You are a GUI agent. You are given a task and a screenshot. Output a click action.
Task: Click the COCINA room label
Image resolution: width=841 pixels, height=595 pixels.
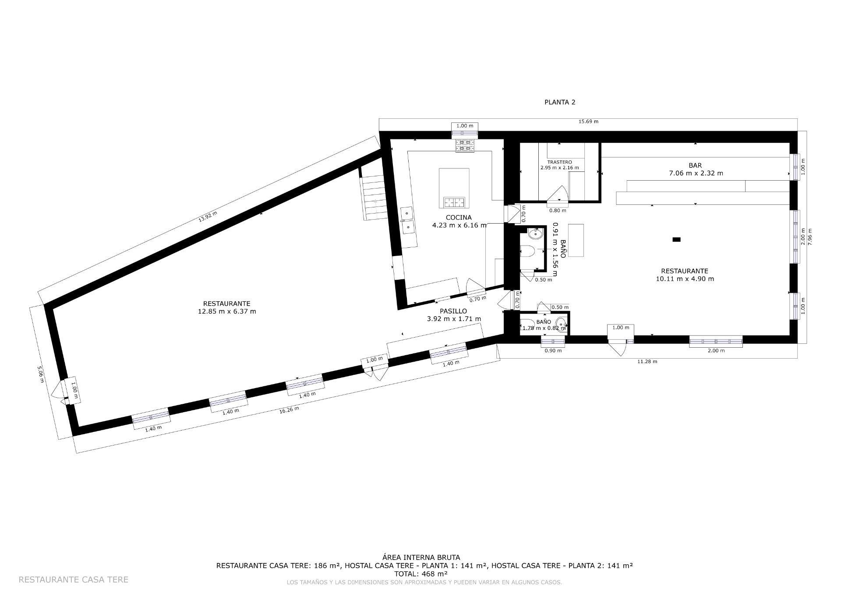[x=459, y=217]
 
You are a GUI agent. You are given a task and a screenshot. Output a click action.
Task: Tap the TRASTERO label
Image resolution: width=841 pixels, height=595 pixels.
[x=559, y=162]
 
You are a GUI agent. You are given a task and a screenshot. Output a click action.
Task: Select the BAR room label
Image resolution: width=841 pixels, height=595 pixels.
[x=695, y=165]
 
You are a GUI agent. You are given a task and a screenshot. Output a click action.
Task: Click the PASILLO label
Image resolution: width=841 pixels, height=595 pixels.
[x=453, y=311]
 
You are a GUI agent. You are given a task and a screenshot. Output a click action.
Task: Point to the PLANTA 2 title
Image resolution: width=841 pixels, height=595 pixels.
[x=559, y=102]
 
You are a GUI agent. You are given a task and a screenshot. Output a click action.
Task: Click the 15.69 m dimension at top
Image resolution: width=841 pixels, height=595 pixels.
[x=588, y=121]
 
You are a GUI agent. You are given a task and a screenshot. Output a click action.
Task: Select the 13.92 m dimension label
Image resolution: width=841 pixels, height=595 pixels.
[x=208, y=217]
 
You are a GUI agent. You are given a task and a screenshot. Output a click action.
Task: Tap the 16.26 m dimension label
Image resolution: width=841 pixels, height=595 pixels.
[x=289, y=410]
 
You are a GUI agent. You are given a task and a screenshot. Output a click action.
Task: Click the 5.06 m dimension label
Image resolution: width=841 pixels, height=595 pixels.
[x=40, y=374]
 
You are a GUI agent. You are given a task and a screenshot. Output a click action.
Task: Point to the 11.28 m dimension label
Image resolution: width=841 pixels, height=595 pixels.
[x=647, y=361]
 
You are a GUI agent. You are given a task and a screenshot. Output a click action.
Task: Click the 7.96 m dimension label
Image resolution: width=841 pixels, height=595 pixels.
[x=810, y=237]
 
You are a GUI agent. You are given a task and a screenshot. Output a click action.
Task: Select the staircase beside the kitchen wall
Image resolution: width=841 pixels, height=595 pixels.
[x=375, y=197]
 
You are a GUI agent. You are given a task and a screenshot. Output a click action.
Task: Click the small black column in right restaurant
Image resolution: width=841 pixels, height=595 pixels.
[x=676, y=239]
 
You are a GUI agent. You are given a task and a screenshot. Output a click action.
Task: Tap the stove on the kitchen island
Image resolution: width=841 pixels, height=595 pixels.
[x=454, y=202]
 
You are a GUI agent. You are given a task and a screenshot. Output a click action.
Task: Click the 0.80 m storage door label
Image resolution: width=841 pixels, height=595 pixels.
[x=558, y=210]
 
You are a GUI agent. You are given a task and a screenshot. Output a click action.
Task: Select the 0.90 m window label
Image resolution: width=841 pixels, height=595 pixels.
[x=553, y=350]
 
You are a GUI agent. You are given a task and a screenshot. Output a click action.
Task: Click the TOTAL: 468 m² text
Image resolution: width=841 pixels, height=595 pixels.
[x=420, y=574]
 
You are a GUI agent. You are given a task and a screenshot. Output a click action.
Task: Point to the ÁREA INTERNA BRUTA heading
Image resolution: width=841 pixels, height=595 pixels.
[x=421, y=558]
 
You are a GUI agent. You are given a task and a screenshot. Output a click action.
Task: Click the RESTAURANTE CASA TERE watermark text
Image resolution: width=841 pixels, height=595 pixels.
[x=74, y=580]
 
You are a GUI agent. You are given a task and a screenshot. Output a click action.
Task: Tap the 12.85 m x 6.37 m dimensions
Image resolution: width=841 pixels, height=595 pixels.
[x=227, y=311]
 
